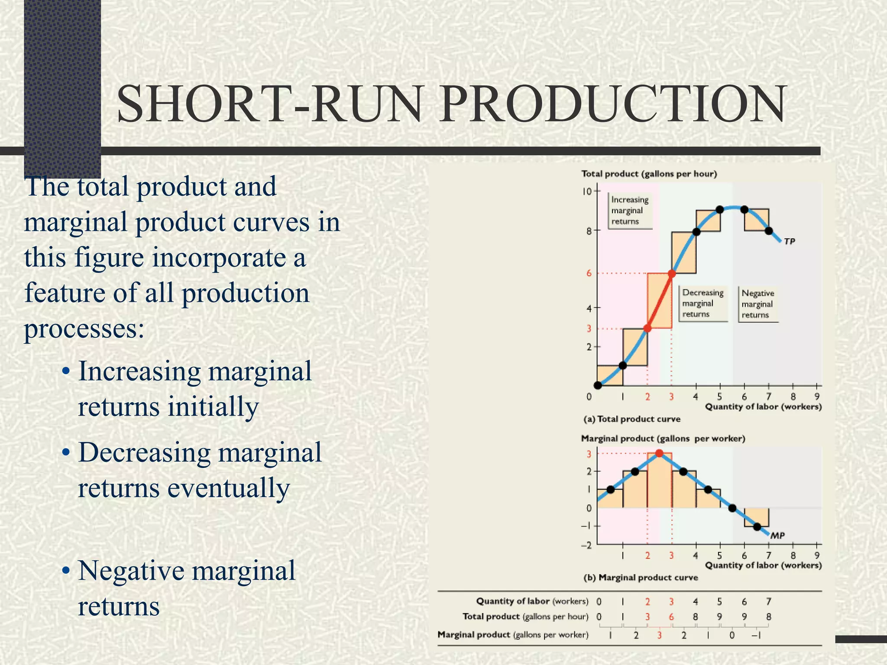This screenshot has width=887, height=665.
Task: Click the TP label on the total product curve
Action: coord(790,241)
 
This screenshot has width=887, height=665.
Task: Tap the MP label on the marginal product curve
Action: coord(777,536)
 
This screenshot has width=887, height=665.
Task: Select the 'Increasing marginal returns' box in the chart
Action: coord(630,210)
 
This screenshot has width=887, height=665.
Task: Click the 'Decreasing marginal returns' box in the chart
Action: coord(702,303)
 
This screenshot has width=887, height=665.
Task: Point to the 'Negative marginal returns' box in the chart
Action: coord(758,304)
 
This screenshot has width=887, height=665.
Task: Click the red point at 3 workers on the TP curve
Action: coord(672,274)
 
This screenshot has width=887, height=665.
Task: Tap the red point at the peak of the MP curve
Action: coord(659,453)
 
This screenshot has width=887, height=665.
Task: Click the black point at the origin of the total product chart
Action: coord(598,385)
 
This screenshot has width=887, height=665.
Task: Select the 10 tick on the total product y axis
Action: coord(587,191)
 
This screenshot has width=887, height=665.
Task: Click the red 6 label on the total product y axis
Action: coord(589,273)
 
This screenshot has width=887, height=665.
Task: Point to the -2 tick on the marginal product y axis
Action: coord(586,545)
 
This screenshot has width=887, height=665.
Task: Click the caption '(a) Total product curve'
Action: coord(632,419)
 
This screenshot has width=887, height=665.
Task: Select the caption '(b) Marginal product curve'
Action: coord(641,578)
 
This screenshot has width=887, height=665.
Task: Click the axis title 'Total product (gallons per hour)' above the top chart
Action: coord(649,174)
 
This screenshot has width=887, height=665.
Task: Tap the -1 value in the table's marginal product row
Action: coord(757,635)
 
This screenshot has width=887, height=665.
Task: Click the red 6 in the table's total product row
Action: coord(671,617)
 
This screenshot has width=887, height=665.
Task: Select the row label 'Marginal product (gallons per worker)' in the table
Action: coord(513,635)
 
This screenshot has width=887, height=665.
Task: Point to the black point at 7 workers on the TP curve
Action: coord(769,231)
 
